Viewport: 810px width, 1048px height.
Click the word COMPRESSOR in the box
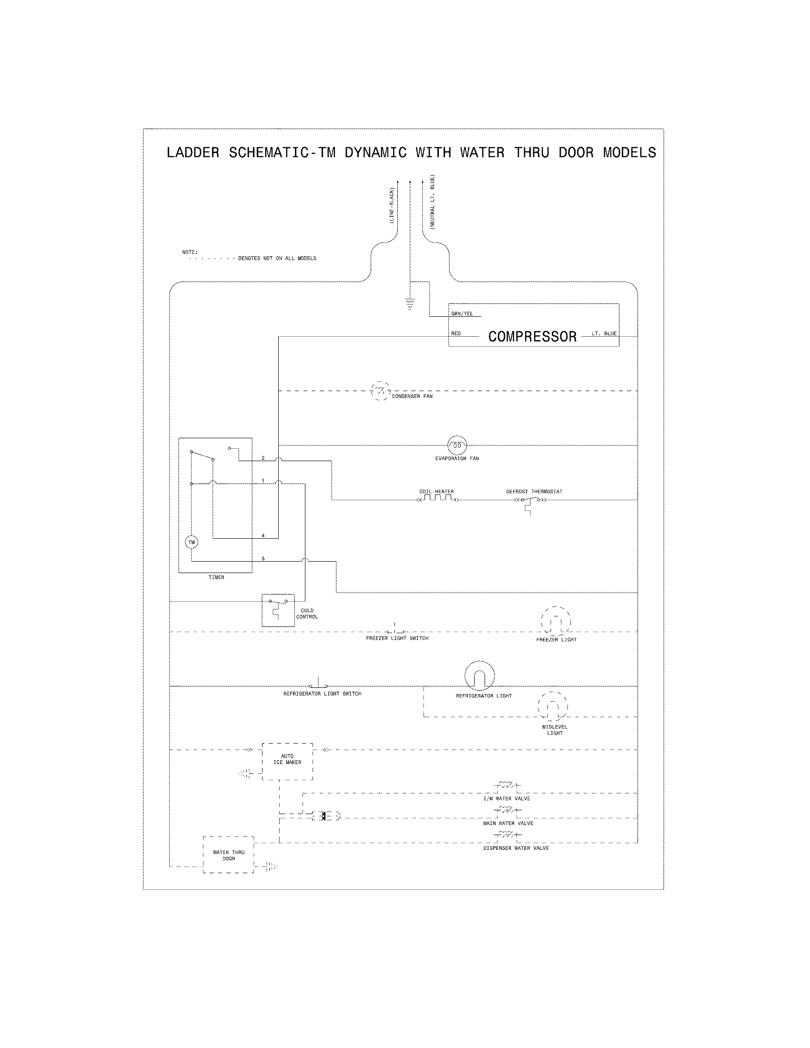coord(532,336)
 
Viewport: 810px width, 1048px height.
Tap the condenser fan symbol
coord(381,391)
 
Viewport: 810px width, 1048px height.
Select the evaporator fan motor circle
coord(457,445)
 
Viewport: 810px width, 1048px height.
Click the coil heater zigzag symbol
coord(437,499)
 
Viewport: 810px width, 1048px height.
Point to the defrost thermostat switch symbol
coord(530,501)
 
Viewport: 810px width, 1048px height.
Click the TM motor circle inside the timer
coord(192,542)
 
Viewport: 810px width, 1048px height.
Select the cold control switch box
coord(278,610)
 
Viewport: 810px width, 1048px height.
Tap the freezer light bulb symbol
coord(556,621)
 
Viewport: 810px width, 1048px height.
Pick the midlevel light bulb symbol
coord(553,706)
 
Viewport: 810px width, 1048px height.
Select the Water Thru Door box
coord(228,855)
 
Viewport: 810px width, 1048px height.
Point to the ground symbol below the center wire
coord(410,304)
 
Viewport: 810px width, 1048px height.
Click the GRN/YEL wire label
coord(462,313)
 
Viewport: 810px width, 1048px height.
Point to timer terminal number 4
coord(263,535)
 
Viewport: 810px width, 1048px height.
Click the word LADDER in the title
coord(193,152)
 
